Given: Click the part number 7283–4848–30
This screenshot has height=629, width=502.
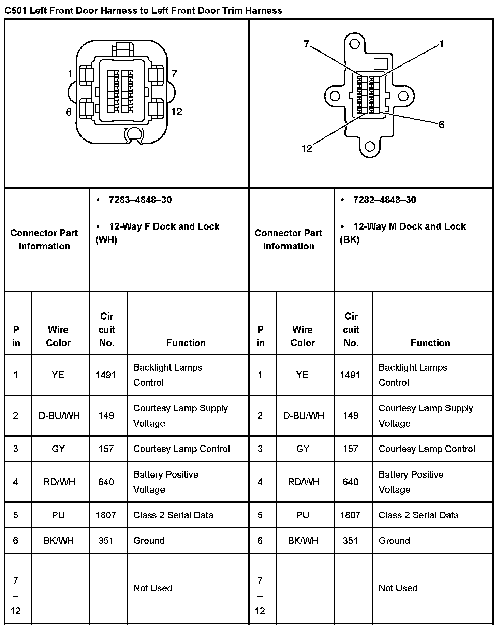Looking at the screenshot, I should point(140,200).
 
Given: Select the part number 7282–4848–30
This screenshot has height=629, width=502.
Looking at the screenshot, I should point(384,200).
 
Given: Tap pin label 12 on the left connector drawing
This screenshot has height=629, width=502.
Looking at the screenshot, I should point(177,112).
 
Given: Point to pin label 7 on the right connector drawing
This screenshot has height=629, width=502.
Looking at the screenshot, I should point(306,44).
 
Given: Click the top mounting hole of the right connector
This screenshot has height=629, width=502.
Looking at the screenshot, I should point(354,44).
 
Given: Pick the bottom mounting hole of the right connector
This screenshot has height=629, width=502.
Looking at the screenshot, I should point(369,147).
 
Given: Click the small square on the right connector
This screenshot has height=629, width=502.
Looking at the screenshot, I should point(381,64).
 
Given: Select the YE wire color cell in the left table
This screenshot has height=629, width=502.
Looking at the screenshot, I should point(58,375).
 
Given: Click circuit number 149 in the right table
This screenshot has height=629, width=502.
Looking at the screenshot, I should point(351,415).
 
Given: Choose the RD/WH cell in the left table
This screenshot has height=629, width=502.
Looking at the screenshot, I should point(59,482).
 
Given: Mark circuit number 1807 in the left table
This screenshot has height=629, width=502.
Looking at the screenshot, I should point(106,515).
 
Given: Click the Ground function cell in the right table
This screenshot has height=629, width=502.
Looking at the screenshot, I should point(394,540).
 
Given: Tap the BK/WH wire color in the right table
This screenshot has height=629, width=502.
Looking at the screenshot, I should point(303,540).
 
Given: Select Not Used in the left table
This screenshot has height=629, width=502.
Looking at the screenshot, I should point(153,588).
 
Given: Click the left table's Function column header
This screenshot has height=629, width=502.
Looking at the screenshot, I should point(186,342).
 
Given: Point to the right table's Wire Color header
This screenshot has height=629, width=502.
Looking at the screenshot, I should point(302,336).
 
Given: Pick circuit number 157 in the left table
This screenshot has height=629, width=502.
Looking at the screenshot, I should point(106,449).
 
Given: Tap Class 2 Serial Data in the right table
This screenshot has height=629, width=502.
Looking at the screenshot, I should point(418,515).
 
